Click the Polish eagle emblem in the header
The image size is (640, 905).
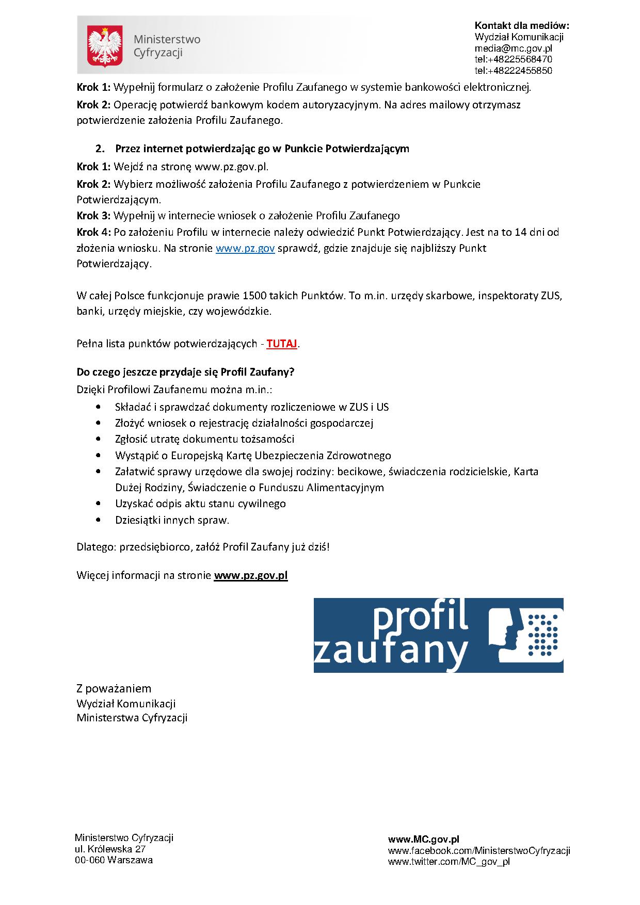click(x=105, y=46)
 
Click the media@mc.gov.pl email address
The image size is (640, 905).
click(x=513, y=48)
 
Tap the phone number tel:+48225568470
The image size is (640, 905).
click(x=513, y=59)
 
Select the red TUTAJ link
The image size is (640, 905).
click(x=282, y=344)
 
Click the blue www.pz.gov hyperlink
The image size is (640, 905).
click(x=245, y=248)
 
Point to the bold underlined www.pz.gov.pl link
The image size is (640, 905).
click(x=250, y=575)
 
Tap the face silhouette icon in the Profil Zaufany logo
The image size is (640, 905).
click(x=506, y=635)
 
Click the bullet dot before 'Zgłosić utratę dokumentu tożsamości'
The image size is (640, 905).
click(x=98, y=439)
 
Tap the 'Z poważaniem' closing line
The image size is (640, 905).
click(x=114, y=688)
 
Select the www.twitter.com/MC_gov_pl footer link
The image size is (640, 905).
click(x=449, y=861)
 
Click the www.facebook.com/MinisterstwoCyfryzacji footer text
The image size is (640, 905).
click(x=478, y=850)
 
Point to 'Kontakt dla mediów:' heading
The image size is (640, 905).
click(x=522, y=26)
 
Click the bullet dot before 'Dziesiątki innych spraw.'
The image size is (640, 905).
click(x=98, y=520)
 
